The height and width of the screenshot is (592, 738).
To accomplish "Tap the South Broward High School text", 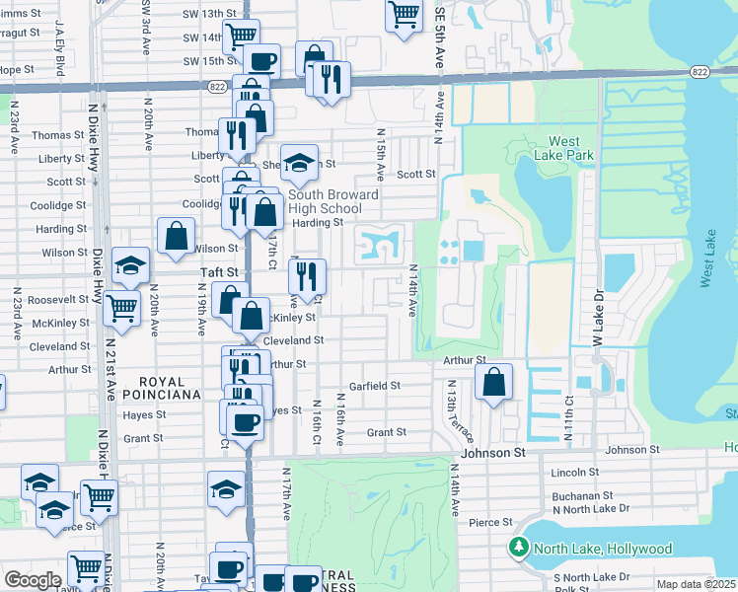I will (333, 201).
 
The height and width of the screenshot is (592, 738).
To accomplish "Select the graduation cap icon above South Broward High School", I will (299, 163).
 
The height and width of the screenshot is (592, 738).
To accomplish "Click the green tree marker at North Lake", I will (517, 547).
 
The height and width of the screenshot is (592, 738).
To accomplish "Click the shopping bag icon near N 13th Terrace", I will (493, 381).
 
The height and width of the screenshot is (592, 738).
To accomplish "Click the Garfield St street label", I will (374, 386).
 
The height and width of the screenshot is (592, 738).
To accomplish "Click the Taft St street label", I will (220, 271).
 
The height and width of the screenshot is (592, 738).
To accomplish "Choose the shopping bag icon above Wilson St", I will (176, 236).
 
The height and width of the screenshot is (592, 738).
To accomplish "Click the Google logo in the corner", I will (33, 580).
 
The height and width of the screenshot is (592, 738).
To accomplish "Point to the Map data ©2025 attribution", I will (696, 584).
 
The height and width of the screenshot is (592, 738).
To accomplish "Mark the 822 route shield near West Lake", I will (699, 72).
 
